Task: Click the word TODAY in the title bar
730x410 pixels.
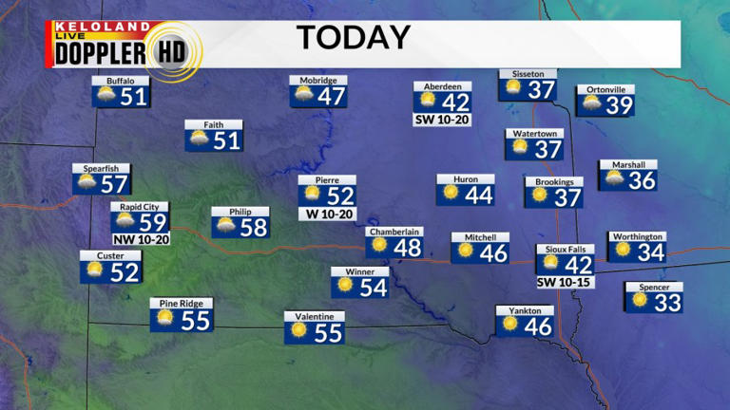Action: click(353, 38)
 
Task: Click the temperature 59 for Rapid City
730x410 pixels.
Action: click(152, 223)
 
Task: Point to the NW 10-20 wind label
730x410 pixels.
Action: click(141, 239)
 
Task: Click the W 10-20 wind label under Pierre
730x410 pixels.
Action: click(327, 214)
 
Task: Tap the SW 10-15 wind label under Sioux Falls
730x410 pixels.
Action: click(566, 282)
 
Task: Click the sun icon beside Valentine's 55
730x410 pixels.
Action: click(299, 331)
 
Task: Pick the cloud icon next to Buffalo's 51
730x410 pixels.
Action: click(105, 96)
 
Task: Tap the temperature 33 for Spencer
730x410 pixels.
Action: click(667, 303)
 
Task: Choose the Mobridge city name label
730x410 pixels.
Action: click(317, 80)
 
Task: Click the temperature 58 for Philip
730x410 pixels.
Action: click(254, 228)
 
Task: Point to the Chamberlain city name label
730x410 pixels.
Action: click(394, 231)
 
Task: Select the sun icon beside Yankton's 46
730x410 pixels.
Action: click(510, 325)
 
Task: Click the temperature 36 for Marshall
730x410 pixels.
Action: click(643, 180)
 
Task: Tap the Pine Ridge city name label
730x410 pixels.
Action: click(181, 304)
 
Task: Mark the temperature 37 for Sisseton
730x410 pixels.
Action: click(542, 90)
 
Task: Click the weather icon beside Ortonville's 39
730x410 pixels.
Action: click(590, 104)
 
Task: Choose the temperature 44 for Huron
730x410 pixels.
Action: click(479, 195)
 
